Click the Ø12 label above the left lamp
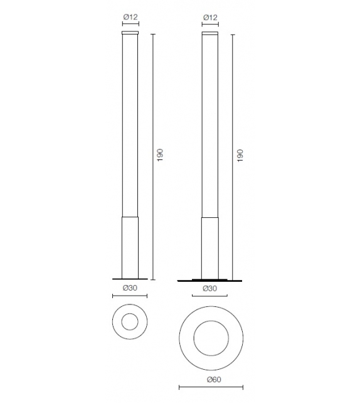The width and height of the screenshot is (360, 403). click(130, 16)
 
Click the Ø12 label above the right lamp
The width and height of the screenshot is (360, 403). click(209, 16)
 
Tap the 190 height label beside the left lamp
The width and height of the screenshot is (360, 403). click(160, 154)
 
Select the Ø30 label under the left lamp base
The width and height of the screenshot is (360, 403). click(129, 287)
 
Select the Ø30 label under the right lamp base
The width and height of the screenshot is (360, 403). click(209, 287)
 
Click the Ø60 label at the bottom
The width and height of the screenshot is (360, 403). click(211, 379)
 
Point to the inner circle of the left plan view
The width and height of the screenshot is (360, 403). click(130, 323)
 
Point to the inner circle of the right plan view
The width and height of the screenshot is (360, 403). click(210, 340)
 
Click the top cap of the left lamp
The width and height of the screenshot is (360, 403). click(130, 32)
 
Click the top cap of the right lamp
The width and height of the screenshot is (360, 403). click(209, 32)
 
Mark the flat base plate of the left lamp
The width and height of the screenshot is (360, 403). click(130, 277)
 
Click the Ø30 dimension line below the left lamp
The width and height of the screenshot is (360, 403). click(130, 296)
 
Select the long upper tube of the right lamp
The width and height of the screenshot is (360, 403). click(209, 126)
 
